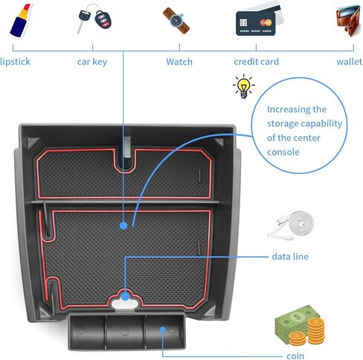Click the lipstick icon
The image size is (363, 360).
(x=20, y=21)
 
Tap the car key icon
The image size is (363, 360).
(x=94, y=18)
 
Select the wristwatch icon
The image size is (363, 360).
(x=176, y=20)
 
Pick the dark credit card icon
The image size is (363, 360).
(x=255, y=24)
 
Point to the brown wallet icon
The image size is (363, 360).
(x=348, y=20)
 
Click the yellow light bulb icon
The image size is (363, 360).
(x=243, y=86)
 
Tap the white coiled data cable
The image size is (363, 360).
(x=291, y=225)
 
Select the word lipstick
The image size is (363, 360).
(x=15, y=62)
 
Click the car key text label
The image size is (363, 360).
(x=92, y=62)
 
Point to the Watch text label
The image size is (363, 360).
(x=179, y=62)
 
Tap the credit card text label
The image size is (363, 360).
(x=257, y=62)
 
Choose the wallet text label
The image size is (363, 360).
(x=350, y=62)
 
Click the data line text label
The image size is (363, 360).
(x=290, y=257)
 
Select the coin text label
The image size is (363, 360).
(x=295, y=356)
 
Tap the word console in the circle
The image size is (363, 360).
(x=283, y=152)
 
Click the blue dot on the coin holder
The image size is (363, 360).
(x=163, y=330)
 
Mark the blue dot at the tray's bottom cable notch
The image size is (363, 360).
(x=125, y=297)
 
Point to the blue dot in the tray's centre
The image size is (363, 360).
(x=123, y=225)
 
